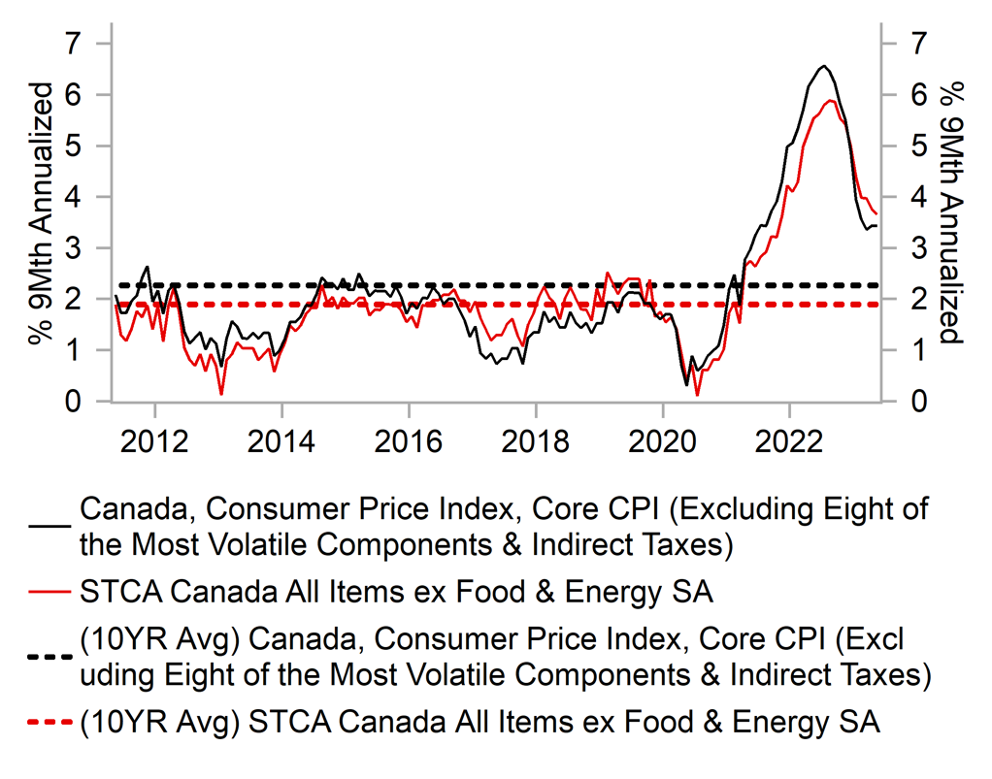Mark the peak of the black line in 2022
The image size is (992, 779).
coord(823,66)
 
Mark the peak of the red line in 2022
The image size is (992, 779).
coord(831,100)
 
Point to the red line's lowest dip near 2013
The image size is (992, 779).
coord(222,394)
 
